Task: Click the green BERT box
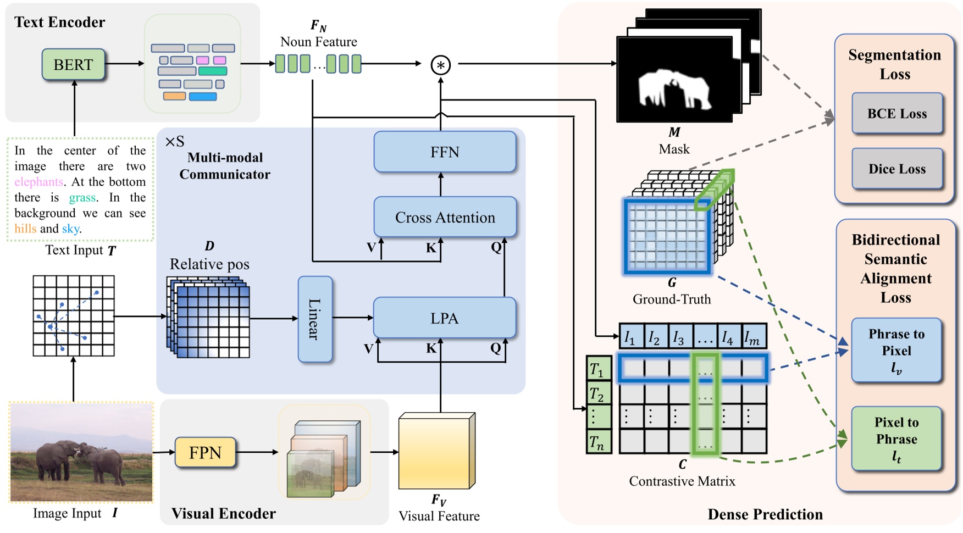coord(73,64)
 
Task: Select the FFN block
coord(445,152)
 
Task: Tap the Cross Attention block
coord(445,218)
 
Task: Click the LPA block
coord(444,318)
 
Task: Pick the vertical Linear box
coord(315,319)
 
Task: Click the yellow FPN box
coord(205,452)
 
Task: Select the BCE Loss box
coord(896,114)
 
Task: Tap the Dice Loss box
coord(896,169)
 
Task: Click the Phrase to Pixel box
coord(896,351)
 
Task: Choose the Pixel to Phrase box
coord(896,438)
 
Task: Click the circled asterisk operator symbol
coord(440,65)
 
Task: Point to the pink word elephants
coord(39,182)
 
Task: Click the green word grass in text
coord(82,198)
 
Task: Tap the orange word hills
coord(25,229)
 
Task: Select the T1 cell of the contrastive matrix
coord(598,369)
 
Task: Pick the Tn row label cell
coord(598,441)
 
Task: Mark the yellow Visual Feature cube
coord(434,453)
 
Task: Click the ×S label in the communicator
coord(174,142)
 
